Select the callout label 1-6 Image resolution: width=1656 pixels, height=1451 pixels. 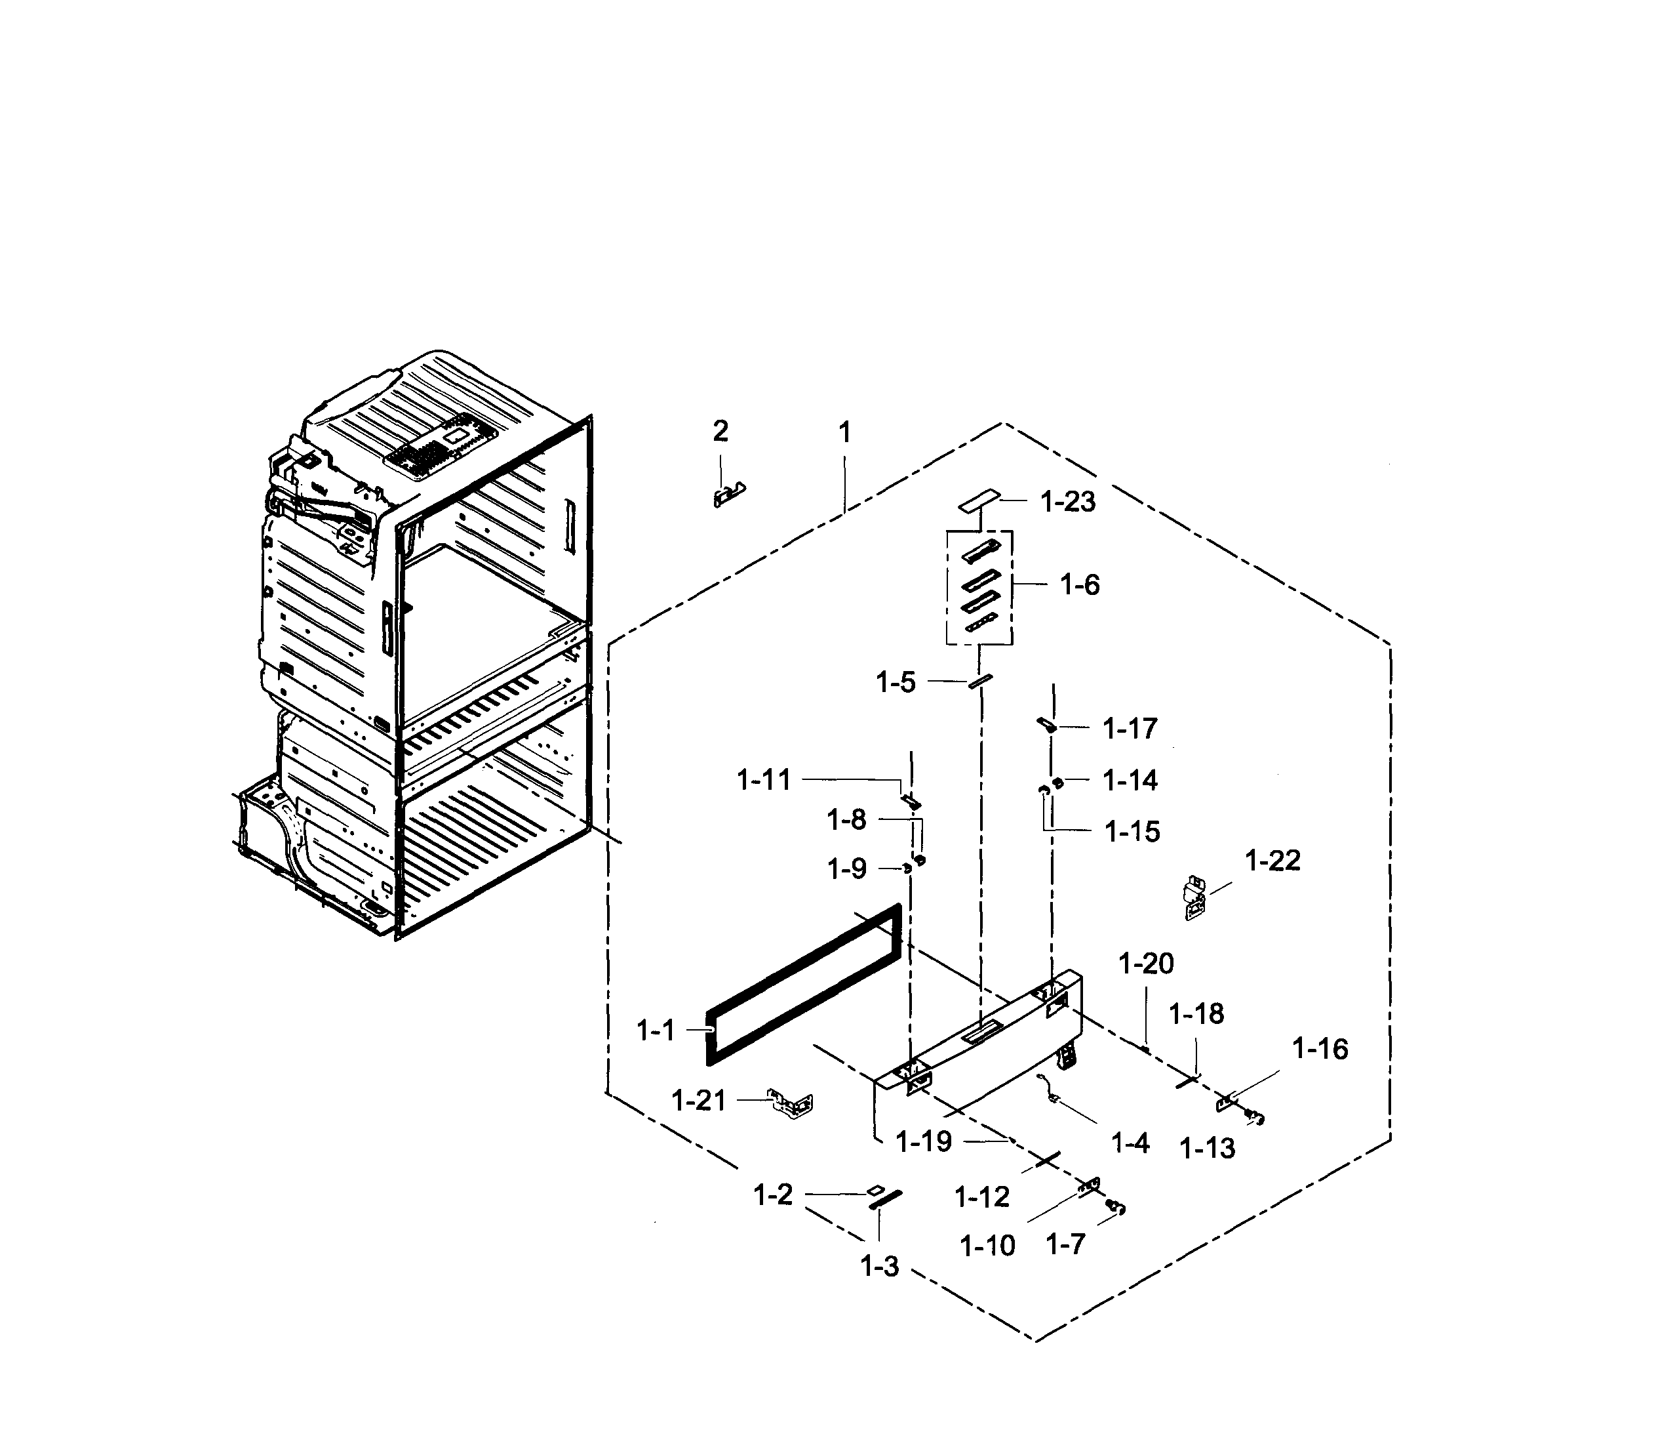click(1080, 584)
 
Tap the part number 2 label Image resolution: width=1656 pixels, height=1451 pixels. click(720, 432)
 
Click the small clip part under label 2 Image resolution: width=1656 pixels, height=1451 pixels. click(728, 495)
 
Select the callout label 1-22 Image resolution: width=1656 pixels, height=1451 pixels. click(1272, 860)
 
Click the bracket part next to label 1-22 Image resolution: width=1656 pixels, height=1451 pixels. click(1194, 898)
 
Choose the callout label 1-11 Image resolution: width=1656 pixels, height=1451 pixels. click(763, 781)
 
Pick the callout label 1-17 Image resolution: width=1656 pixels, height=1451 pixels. click(1130, 729)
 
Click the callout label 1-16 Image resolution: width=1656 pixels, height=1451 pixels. click(1319, 1050)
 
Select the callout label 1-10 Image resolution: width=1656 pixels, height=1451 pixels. click(987, 1245)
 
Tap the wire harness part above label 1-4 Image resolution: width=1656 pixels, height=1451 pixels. click(1050, 1088)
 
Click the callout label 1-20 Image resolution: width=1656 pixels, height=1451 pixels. click(1145, 964)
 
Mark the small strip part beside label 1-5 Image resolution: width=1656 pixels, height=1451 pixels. click(979, 681)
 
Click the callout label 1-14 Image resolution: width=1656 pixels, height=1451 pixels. click(1130, 781)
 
